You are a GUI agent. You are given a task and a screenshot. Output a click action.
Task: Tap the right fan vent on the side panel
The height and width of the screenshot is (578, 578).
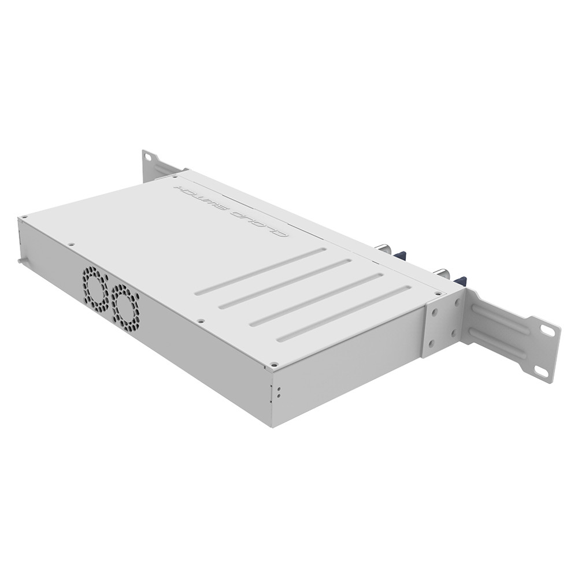click(x=125, y=305)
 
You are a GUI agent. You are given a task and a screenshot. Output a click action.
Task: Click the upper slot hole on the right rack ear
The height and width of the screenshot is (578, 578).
click(x=547, y=330)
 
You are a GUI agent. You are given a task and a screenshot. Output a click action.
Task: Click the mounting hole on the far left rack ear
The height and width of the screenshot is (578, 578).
click(x=149, y=157)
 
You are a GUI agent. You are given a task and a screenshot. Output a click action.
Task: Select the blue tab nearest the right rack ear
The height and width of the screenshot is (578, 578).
click(x=460, y=281)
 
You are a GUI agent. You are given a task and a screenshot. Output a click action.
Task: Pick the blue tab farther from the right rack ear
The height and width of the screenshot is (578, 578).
click(x=401, y=254)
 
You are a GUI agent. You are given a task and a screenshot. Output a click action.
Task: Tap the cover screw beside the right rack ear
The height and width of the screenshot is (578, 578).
click(x=438, y=294)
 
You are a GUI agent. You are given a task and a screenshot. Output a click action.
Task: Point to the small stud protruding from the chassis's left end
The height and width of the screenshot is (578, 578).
click(x=20, y=261)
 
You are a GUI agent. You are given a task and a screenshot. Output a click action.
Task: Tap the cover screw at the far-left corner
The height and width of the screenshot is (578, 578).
click(x=25, y=218)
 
